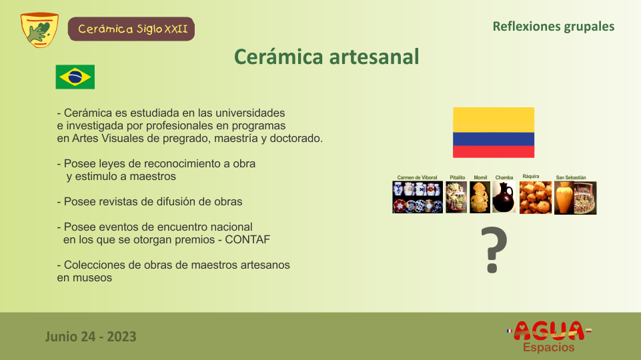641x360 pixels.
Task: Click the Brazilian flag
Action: [75, 77]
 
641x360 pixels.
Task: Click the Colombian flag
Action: [494, 133]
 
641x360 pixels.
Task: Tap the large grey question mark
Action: [494, 250]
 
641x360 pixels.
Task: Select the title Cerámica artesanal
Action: [327, 57]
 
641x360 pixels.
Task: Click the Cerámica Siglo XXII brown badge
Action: [131, 29]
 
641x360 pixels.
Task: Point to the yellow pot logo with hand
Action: [39, 30]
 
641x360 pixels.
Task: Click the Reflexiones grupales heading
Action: [554, 27]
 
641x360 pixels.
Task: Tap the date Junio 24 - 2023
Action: [91, 337]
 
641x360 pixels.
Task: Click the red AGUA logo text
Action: [549, 331]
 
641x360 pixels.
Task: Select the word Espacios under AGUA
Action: [548, 347]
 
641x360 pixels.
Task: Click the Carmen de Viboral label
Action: [417, 178]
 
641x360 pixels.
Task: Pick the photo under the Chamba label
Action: [504, 197]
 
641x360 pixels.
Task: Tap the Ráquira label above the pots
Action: [531, 177]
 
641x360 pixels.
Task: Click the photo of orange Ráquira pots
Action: [536, 198]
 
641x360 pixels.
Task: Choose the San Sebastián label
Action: [571, 178]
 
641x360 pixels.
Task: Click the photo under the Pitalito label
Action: [456, 197]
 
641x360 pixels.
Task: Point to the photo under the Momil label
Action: [480, 197]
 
